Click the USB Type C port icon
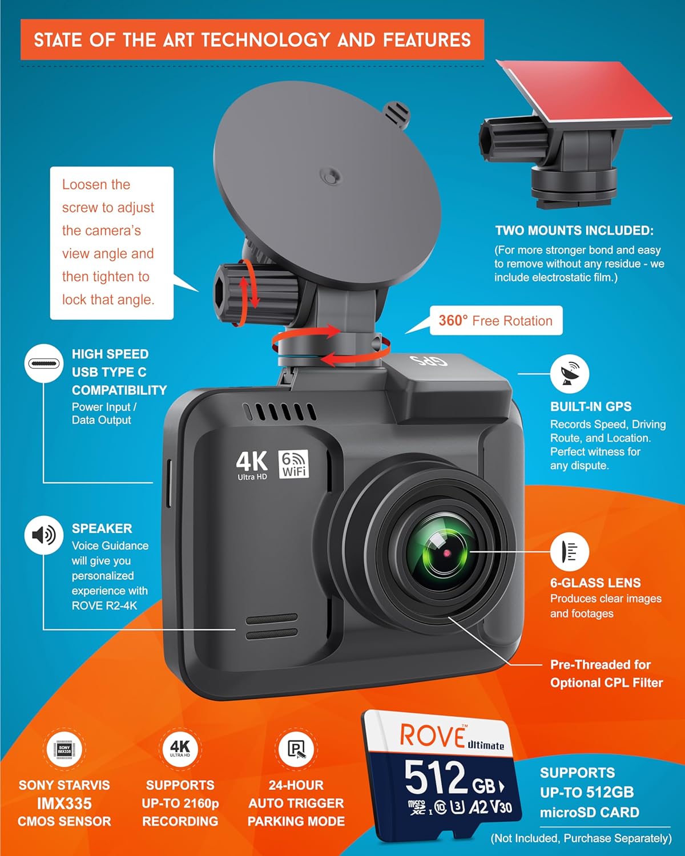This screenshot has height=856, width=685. (x=43, y=364)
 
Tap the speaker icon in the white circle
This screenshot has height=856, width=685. (x=43, y=535)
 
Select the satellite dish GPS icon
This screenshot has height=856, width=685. (x=569, y=373)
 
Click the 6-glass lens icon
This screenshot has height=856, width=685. (x=569, y=552)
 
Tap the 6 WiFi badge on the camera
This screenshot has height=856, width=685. (x=293, y=463)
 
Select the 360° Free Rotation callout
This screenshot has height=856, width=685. (x=495, y=321)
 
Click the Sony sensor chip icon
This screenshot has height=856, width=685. (x=65, y=749)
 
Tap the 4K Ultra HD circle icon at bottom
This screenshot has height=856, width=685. (x=180, y=749)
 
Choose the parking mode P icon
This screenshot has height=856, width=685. (x=296, y=749)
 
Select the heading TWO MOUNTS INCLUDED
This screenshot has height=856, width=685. (x=574, y=231)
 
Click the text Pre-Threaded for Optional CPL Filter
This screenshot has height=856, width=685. (x=606, y=673)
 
